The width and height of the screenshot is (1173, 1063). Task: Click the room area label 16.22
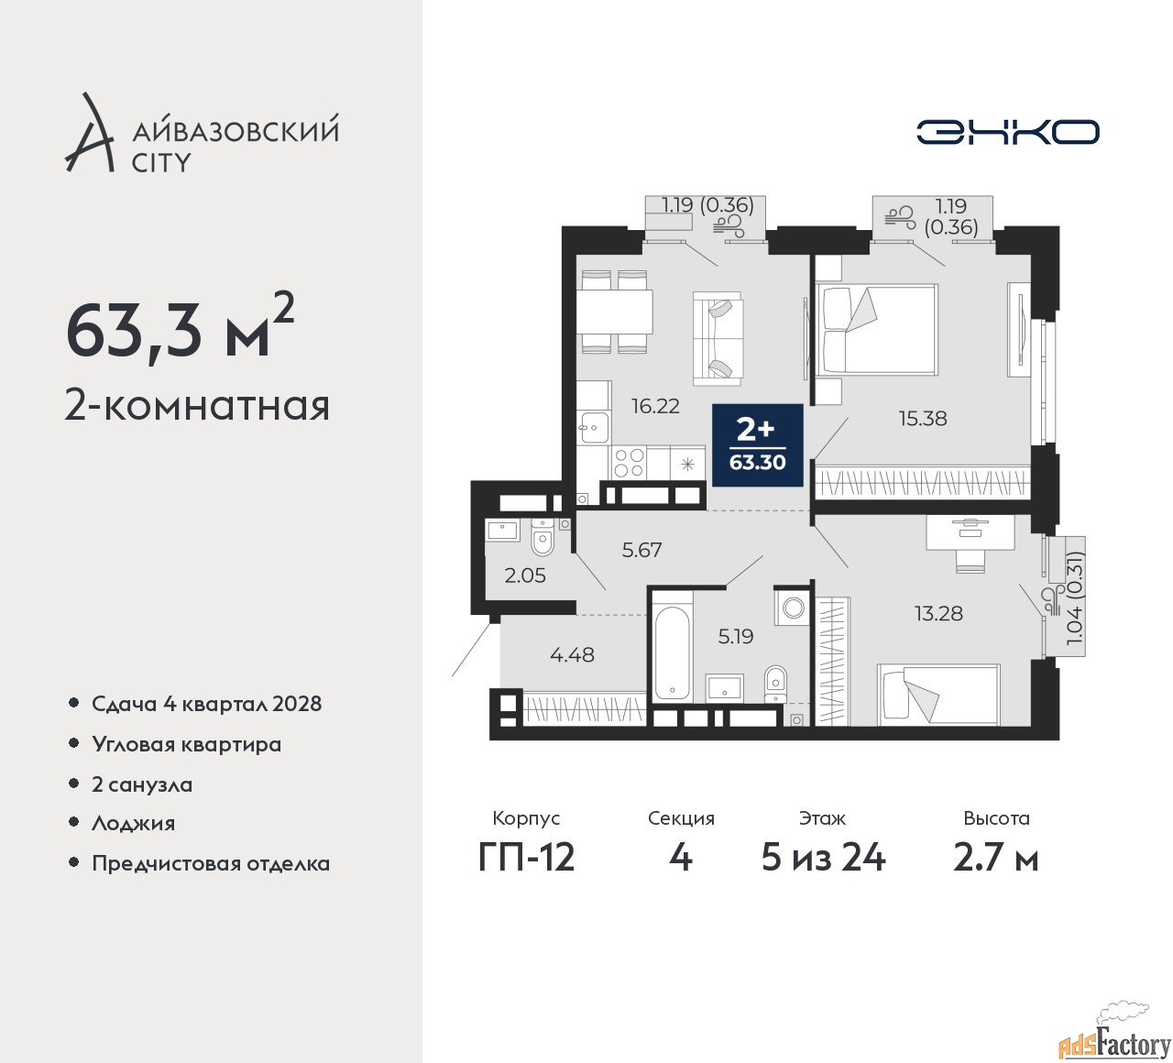pyautogui.click(x=655, y=406)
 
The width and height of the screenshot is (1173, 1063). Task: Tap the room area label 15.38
pyautogui.click(x=923, y=419)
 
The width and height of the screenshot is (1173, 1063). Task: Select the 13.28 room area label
pyautogui.click(x=938, y=613)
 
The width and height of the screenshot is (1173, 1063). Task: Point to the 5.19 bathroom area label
pyautogui.click(x=736, y=636)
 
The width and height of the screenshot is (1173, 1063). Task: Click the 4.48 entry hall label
pyautogui.click(x=573, y=655)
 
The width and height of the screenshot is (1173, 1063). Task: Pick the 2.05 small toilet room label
pyautogui.click(x=525, y=575)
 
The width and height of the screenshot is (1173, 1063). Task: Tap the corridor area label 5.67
pyautogui.click(x=641, y=550)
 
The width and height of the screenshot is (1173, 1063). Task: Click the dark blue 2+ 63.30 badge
pyautogui.click(x=757, y=445)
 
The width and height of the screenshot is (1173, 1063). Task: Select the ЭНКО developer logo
pyautogui.click(x=1007, y=132)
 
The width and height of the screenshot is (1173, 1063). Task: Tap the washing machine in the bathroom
pyautogui.click(x=793, y=608)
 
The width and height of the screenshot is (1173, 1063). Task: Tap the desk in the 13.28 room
pyautogui.click(x=970, y=532)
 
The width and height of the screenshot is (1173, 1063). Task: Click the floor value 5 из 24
pyautogui.click(x=823, y=859)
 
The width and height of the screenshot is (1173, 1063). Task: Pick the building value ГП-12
pyautogui.click(x=526, y=859)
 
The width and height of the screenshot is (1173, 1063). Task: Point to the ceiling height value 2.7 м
pyautogui.click(x=996, y=859)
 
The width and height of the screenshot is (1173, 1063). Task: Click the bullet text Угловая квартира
pyautogui.click(x=187, y=745)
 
